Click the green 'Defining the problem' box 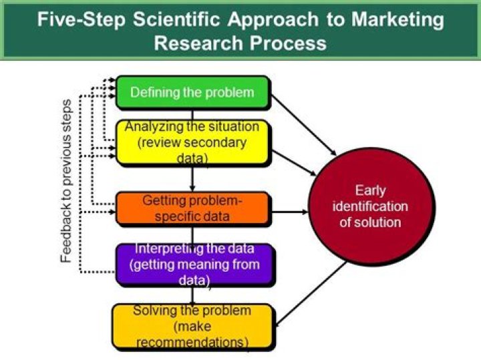192,92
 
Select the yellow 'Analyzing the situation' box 192,142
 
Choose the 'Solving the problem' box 192,326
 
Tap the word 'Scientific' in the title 177,19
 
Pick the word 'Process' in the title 288,43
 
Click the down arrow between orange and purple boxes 192,234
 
